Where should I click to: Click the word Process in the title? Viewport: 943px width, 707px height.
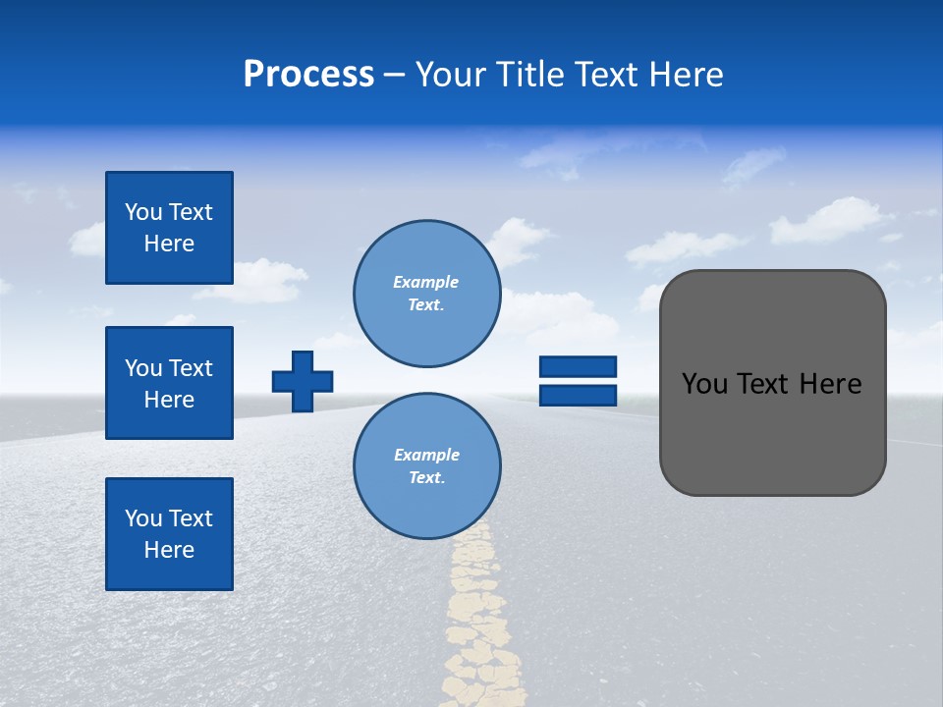[308, 75]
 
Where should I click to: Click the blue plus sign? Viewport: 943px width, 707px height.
[303, 381]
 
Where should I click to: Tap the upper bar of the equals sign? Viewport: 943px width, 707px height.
[578, 367]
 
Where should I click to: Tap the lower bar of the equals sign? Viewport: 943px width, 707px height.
[578, 395]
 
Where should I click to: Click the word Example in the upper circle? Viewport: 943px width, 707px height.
[426, 282]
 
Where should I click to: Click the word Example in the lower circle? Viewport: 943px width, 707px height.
[426, 455]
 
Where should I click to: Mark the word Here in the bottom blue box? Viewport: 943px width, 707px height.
[169, 550]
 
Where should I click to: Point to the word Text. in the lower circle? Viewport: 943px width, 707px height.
[426, 478]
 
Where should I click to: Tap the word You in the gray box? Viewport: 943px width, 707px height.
[703, 384]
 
